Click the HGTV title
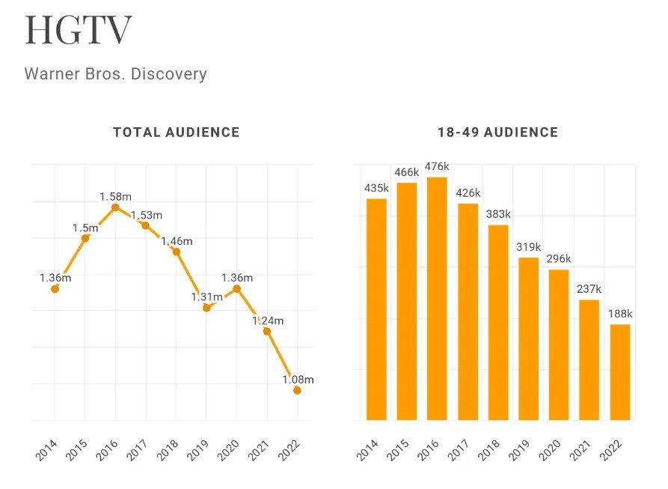click(x=79, y=30)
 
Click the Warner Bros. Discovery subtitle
click(x=115, y=74)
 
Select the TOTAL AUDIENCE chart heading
click(x=177, y=133)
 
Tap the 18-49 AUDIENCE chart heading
click(x=497, y=133)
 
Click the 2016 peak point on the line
click(x=115, y=207)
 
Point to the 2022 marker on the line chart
click(x=297, y=390)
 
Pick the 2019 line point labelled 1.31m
click(x=206, y=308)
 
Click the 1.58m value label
click(x=115, y=196)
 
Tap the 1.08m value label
click(x=298, y=380)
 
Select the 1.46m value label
click(x=177, y=241)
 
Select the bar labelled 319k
click(x=528, y=338)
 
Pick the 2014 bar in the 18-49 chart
click(x=376, y=309)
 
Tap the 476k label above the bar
click(x=437, y=166)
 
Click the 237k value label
click(x=589, y=289)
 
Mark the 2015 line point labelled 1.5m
click(x=85, y=238)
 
